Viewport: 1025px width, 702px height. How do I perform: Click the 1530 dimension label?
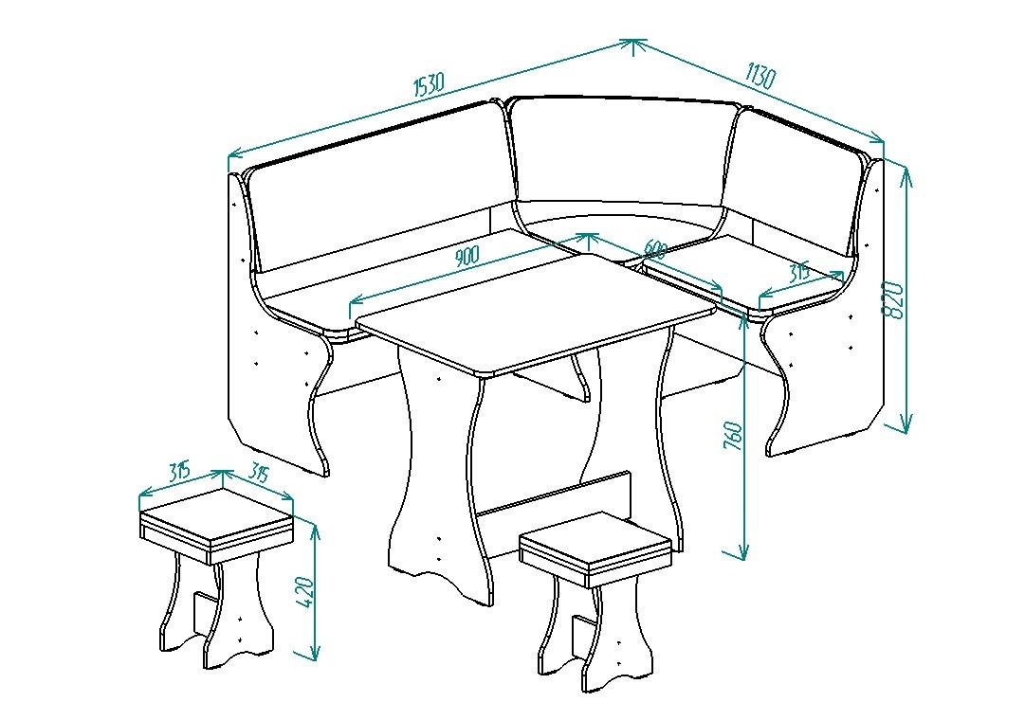point(429,85)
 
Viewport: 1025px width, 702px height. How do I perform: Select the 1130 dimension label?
point(760,75)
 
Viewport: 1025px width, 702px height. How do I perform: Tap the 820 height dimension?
point(893,300)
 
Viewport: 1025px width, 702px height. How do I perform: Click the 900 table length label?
point(467,256)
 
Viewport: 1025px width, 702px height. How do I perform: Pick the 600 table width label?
point(655,249)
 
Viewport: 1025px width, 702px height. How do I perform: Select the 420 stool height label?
point(306,592)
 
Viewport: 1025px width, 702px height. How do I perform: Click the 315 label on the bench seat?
point(798,271)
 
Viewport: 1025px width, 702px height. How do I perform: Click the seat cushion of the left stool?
point(216,525)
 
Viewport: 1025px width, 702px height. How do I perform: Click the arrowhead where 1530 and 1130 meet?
point(632,45)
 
